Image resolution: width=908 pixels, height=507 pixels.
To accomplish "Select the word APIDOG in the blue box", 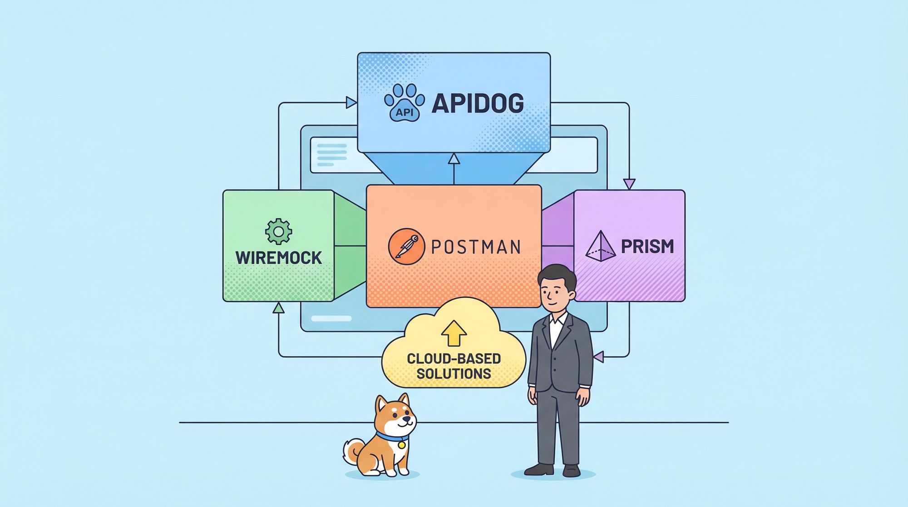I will [x=478, y=103].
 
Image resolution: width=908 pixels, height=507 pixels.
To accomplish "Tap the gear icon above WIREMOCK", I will [x=278, y=232].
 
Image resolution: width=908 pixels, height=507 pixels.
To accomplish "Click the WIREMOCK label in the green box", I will [x=279, y=258].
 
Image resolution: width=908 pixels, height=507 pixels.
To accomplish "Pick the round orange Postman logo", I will [x=406, y=246].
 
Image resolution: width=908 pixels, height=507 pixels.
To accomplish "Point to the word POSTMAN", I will [x=475, y=247].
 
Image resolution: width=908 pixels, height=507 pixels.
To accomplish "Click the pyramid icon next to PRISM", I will [x=600, y=246].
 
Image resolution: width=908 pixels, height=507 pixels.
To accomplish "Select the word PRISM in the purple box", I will [x=647, y=247].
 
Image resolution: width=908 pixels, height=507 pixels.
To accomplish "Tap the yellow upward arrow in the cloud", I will [x=454, y=333].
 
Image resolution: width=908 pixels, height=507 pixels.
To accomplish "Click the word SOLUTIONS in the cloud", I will [x=454, y=374].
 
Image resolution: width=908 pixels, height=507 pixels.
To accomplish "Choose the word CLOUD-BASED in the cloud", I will [x=454, y=358].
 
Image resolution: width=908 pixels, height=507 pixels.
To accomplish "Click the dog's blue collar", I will [x=391, y=438].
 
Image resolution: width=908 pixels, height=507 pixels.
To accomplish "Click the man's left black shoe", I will [x=539, y=469].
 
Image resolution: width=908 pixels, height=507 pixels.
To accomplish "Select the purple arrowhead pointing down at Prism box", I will [x=629, y=184].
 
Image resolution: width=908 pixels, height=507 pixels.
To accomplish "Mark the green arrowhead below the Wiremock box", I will [x=279, y=308].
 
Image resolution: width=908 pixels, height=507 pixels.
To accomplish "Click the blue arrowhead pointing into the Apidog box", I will [x=351, y=103].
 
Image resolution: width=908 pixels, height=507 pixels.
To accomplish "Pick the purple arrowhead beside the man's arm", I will [x=599, y=357].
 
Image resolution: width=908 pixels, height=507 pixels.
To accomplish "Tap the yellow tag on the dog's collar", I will [x=401, y=445].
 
